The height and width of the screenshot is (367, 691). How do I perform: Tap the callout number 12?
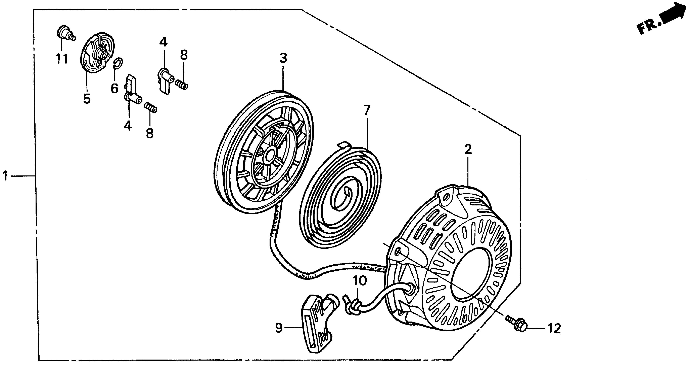click(x=554, y=329)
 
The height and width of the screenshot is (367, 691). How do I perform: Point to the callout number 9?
click(x=279, y=328)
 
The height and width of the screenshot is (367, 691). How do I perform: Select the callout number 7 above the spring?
click(x=367, y=110)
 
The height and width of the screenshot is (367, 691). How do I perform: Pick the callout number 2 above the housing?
click(x=468, y=150)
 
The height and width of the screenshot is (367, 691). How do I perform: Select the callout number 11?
click(x=62, y=59)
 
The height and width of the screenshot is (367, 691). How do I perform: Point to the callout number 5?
click(x=87, y=99)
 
